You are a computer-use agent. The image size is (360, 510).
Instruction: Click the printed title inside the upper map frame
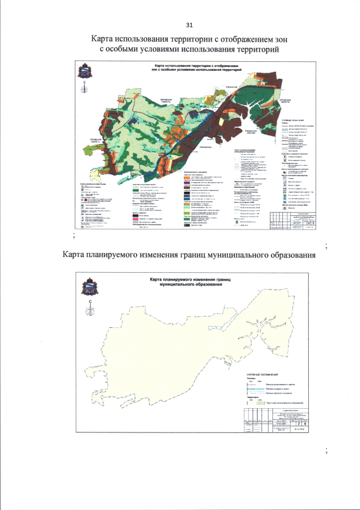tap(190, 70)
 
